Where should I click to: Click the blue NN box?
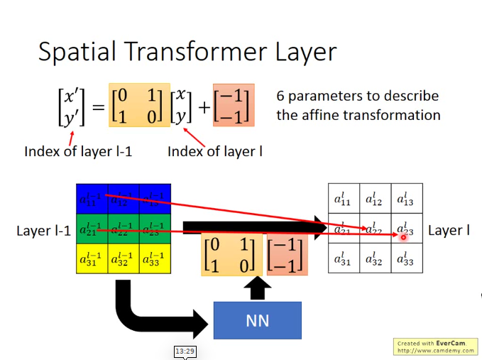coord(257,320)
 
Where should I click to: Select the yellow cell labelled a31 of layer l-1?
coord(92,259)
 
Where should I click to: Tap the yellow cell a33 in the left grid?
coord(154,259)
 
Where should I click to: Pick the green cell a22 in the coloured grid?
coord(123,229)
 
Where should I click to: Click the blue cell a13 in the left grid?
coord(154,199)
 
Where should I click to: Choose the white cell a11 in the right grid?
coord(344,199)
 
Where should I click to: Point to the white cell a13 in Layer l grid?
coord(406,199)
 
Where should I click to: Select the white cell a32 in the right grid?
coord(375,259)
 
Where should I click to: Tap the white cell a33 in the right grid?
coord(406,259)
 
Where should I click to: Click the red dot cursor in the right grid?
coord(403,236)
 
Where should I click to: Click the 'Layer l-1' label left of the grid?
coord(43,231)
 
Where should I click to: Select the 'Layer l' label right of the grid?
coord(449,230)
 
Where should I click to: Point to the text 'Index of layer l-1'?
coord(78,151)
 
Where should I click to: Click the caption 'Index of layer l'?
coord(215,151)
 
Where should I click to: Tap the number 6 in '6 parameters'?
coord(281,96)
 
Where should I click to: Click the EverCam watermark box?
coord(434,347)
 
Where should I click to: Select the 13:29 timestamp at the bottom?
coord(185,351)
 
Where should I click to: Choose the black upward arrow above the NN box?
coord(257,287)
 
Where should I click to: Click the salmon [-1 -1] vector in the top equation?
coord(231,106)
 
